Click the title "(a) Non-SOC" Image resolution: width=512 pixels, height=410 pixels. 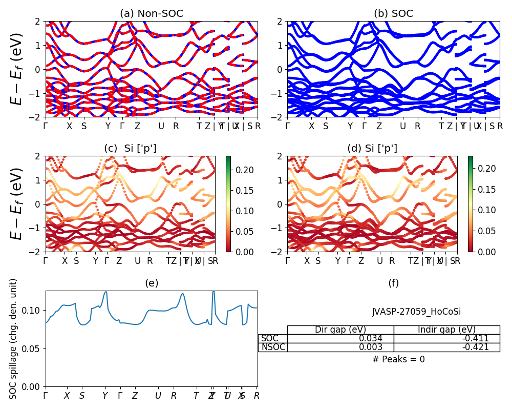coord(152,14)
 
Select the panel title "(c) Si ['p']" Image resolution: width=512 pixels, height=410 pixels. coord(130,149)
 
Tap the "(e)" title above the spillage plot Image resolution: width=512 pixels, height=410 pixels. coord(152,283)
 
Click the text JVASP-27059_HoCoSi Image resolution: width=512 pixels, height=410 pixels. coord(412,312)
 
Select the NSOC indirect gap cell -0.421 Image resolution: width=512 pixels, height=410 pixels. coord(476,347)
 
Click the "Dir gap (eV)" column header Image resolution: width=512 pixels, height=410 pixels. coord(340,330)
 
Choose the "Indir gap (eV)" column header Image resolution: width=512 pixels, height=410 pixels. coord(446,330)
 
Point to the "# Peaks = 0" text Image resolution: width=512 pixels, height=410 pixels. coord(398,359)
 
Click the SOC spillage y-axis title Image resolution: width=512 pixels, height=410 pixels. coord(14,339)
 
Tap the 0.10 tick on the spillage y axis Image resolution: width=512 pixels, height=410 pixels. coord(33,311)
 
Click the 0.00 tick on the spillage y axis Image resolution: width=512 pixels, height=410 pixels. coord(33,386)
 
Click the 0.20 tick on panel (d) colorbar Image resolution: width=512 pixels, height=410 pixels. coord(487,168)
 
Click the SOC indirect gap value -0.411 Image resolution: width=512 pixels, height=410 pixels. coord(476,338)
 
